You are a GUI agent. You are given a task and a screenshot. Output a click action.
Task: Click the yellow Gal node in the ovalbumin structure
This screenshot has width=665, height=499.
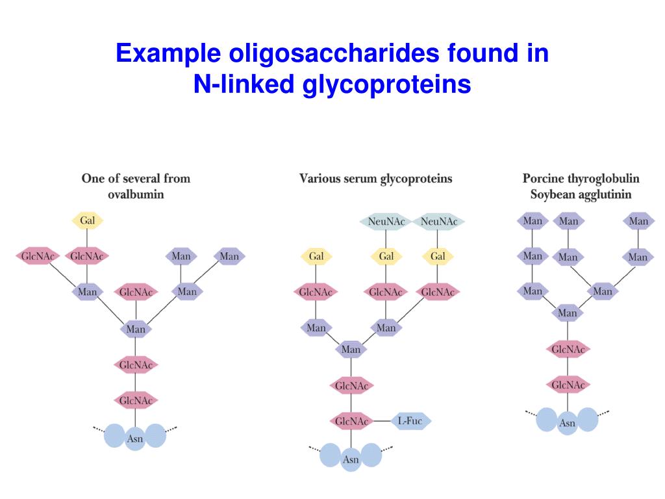tap(87, 221)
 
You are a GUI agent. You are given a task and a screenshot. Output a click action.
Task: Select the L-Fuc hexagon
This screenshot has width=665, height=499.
tap(410, 421)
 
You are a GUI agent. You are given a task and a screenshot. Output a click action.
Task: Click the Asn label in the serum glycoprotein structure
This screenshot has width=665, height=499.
tap(351, 460)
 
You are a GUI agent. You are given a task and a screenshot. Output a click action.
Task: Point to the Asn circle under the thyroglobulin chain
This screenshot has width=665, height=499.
tap(567, 424)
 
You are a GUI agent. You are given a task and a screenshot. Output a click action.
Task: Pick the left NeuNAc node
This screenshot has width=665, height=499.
tap(386, 222)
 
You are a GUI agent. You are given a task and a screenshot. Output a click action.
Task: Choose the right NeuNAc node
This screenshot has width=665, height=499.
tap(438, 222)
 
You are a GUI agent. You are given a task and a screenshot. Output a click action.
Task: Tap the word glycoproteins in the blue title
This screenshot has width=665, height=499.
tap(386, 84)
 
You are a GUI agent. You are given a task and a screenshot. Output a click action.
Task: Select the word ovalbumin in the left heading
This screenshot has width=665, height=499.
tap(136, 194)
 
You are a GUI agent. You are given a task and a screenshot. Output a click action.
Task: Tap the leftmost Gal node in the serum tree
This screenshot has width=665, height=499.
tap(316, 256)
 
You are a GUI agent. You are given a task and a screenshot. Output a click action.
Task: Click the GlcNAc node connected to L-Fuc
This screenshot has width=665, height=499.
tap(351, 421)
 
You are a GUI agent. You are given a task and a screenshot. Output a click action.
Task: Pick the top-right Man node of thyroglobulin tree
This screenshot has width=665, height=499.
tap(638, 221)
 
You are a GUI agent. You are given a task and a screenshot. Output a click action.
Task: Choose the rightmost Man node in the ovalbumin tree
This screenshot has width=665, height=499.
tap(229, 256)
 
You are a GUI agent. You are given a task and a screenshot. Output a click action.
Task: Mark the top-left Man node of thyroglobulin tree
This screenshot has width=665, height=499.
tap(532, 221)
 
